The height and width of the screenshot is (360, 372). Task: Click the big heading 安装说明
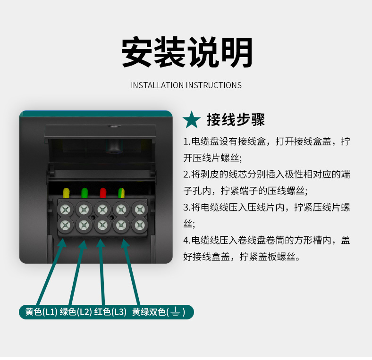186,52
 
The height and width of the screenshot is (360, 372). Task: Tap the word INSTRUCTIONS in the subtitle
214,85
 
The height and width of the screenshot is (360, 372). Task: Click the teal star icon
192,120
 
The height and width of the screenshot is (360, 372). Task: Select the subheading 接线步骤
236,119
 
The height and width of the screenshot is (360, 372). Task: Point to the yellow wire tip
66,193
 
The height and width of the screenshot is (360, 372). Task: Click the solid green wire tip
85,193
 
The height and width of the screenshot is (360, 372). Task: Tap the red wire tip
103,193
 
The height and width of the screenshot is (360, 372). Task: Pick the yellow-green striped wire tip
121,193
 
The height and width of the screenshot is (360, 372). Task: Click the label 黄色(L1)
41,311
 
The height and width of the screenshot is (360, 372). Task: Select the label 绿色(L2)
76,311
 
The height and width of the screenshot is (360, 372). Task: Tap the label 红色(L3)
110,311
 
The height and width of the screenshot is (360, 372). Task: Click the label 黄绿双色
149,311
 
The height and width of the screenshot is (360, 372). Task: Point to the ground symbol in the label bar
175,312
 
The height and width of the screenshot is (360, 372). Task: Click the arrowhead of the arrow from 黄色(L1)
62,243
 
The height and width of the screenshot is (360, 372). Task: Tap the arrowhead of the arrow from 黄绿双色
125,243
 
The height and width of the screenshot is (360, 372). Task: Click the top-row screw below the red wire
102,209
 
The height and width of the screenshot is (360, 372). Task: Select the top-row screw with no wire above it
140,209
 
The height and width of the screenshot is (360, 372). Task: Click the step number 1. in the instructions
187,142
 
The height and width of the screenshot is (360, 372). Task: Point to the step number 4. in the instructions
187,241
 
